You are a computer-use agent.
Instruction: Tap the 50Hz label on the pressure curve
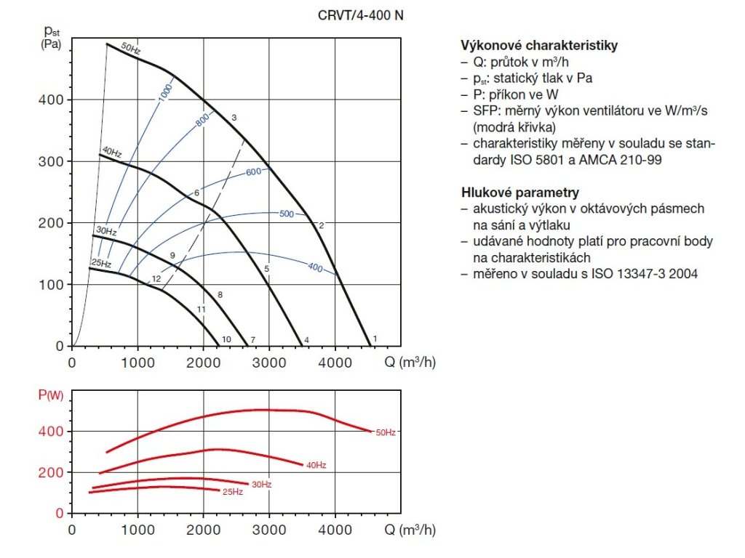point(131,48)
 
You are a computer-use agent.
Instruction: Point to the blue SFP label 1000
point(165,92)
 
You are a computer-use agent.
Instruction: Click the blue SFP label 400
point(315,268)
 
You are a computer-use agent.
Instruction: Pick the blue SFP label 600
point(253,172)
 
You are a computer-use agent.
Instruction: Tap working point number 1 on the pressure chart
point(375,339)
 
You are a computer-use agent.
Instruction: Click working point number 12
point(156,279)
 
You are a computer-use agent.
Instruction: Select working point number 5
point(267,270)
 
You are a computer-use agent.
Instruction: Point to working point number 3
point(234,118)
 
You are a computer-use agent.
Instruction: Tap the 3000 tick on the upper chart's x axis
point(269,361)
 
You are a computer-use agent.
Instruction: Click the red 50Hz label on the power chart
point(385,433)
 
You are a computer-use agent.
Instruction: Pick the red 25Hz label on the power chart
point(232,492)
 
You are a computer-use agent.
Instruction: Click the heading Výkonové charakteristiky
point(539,45)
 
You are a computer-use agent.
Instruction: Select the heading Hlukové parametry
point(520,193)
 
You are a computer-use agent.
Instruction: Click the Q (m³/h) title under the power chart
point(410,530)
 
